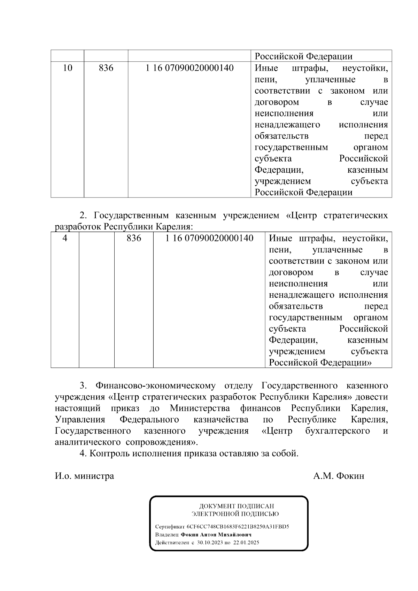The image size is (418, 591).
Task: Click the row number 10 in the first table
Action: click(67, 68)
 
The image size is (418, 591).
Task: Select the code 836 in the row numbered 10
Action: click(106, 68)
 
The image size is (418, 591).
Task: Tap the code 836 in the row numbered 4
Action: click(134, 238)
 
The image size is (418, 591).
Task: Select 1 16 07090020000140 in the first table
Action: click(189, 68)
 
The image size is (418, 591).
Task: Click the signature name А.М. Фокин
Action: click(339, 476)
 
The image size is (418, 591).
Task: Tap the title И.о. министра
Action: click(84, 476)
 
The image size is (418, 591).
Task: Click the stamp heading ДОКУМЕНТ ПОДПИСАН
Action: click(237, 506)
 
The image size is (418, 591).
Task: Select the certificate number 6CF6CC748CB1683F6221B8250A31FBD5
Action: click(238, 527)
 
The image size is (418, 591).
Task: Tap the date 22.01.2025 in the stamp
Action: click(246, 543)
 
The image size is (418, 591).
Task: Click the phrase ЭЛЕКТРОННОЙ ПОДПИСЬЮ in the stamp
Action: click(235, 514)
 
